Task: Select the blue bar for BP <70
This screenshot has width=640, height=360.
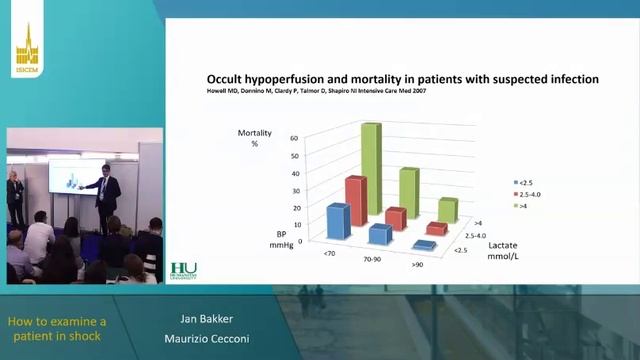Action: (337, 221)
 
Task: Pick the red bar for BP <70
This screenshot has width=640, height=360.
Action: (355, 199)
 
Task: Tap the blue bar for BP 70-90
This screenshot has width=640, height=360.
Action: (379, 234)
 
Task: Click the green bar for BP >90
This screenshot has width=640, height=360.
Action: (447, 210)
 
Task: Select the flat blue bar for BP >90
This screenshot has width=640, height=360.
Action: (423, 245)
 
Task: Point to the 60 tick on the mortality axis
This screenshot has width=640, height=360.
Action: (295, 139)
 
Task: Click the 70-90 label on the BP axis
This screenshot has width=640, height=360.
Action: (372, 259)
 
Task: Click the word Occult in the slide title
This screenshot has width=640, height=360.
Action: (228, 78)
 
